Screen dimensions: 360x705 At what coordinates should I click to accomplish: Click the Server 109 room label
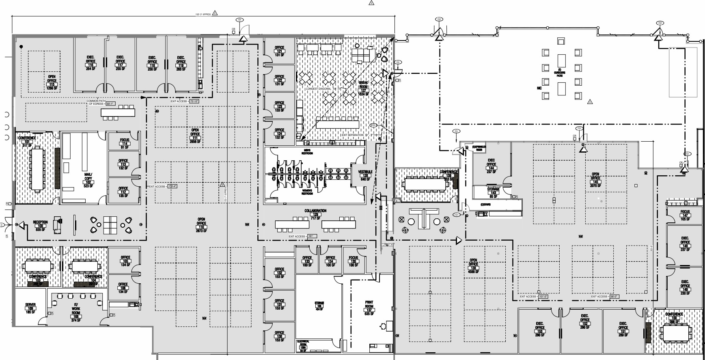[x=30, y=308]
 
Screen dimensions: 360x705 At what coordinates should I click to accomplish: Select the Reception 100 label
[x=40, y=226]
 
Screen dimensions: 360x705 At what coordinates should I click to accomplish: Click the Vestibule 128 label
[x=365, y=175]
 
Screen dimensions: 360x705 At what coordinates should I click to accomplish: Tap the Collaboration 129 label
[x=315, y=214]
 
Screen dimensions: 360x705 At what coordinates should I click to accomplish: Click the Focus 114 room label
[x=124, y=143]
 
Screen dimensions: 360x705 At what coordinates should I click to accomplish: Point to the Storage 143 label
[x=493, y=193]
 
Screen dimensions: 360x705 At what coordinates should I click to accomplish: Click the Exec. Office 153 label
[x=540, y=329]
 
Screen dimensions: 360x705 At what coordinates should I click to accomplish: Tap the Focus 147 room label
[x=685, y=215]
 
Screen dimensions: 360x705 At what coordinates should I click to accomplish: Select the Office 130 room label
[x=279, y=336]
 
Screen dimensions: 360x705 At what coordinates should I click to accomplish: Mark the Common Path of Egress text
[x=96, y=102]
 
